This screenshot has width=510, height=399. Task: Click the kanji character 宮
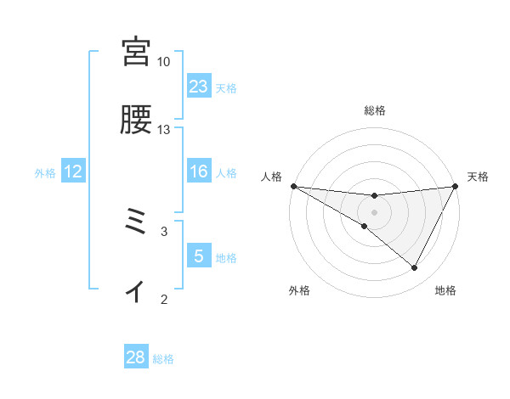point(136,52)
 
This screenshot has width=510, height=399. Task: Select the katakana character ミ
point(136,225)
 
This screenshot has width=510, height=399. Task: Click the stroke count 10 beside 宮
point(164,62)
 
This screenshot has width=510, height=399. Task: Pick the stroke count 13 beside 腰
point(164,130)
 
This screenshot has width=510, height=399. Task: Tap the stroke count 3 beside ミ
point(164,230)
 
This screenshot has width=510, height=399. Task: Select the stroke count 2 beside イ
point(164,298)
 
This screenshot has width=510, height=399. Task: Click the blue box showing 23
point(199,87)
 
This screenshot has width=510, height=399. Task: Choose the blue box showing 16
point(199,172)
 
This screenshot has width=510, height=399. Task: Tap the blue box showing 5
point(199,256)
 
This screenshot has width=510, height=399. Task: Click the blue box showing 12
point(73,172)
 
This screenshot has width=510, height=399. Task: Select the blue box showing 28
point(136,357)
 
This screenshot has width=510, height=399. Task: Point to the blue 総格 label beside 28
point(164,359)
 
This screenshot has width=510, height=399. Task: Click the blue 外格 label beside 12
point(45,173)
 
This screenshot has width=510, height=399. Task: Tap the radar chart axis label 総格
point(375,110)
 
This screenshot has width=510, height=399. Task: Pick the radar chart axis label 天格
point(479,177)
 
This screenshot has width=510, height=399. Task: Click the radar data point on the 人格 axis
point(293,185)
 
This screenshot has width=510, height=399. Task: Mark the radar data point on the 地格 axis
point(415,268)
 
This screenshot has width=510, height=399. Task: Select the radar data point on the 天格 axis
point(456,186)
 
